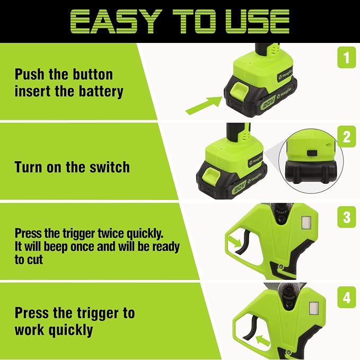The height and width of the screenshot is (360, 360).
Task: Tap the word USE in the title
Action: tap(257, 21)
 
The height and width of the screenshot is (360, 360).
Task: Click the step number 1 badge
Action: tap(347, 57)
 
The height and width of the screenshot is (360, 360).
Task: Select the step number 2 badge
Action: tap(347, 137)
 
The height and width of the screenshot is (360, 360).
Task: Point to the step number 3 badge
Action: tap(347, 217)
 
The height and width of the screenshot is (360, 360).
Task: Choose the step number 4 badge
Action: tap(347, 297)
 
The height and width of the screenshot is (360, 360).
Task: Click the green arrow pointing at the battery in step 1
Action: tap(204, 105)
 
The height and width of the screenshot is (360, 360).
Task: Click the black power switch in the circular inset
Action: tap(312, 153)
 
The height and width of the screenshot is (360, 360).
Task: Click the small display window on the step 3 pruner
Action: tap(306, 223)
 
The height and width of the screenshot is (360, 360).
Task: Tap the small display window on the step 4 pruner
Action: tap(314, 309)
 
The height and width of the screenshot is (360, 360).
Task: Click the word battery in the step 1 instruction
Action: tap(101, 91)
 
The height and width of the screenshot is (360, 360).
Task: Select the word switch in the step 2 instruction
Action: tap(110, 167)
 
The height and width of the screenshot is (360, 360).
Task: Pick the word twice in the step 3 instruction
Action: tap(111, 233)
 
